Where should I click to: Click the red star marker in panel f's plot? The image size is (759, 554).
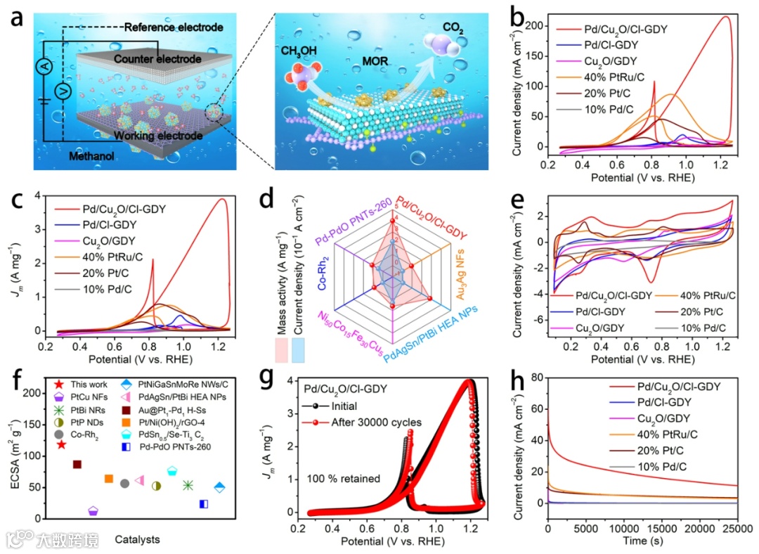(62, 444)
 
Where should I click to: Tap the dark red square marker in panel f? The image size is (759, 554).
(77, 464)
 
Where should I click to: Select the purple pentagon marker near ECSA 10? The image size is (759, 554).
(93, 511)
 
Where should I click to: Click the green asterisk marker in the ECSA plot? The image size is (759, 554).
(188, 485)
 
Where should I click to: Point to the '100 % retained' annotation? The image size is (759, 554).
(344, 479)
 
